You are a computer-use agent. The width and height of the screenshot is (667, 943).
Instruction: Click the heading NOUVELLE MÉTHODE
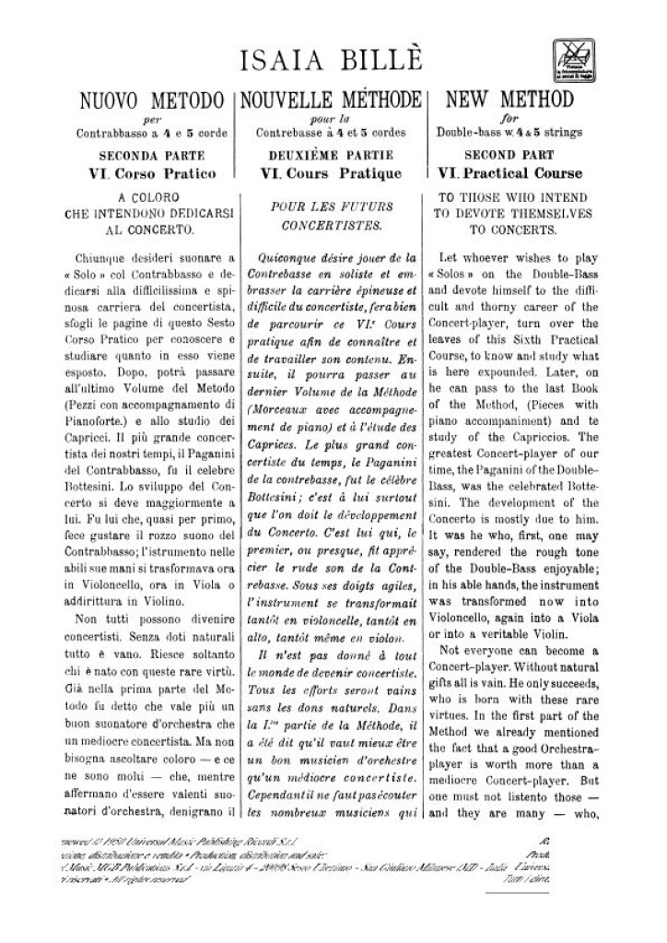332,100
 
